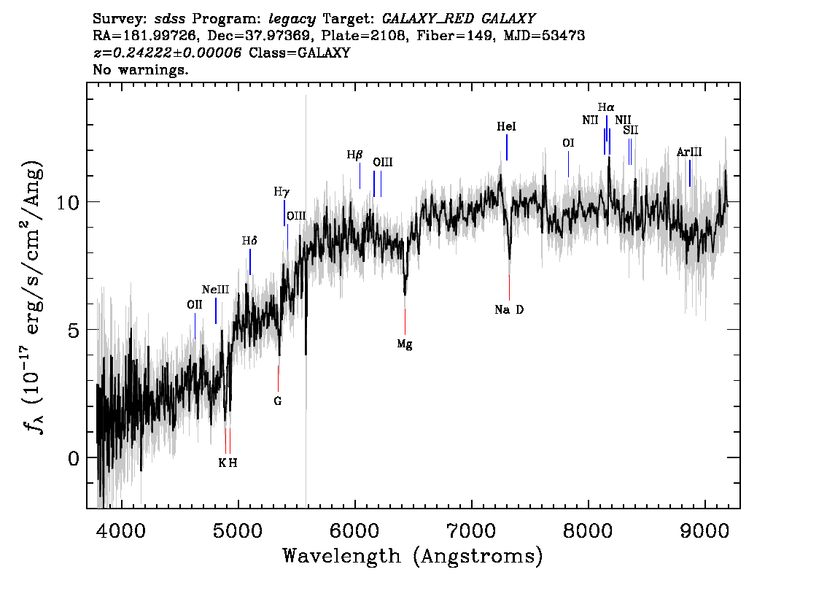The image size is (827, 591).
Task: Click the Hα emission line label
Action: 606,108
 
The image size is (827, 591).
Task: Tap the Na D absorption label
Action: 509,310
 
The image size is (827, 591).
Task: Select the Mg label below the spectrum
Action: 405,344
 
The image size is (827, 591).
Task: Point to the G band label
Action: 277,401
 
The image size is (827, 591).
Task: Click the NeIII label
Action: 216,290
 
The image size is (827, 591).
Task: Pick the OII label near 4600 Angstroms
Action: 195,305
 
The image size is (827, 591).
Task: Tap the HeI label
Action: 506,127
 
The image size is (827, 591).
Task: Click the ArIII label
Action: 689,152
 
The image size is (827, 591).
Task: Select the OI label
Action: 568,143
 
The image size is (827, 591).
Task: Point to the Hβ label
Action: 354,155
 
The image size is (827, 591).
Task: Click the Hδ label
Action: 249,242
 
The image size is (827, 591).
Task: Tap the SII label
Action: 631,130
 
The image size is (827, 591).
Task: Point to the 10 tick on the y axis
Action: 68,202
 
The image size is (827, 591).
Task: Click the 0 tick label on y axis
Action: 74,458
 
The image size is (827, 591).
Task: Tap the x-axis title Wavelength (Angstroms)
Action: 413,556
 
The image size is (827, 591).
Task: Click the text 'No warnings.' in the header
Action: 140,69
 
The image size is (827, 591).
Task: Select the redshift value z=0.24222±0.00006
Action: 167,53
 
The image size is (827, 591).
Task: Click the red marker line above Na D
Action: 510,287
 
